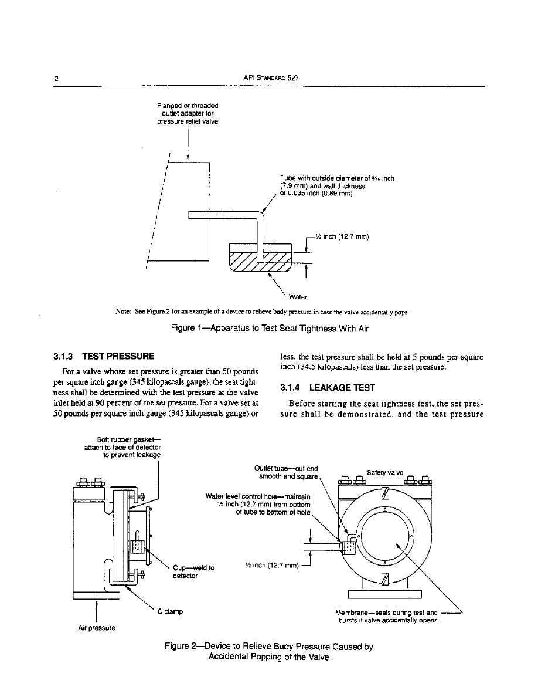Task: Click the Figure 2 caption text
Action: coord(269,652)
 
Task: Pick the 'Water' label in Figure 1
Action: coord(298,296)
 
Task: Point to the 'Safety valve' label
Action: coord(384,472)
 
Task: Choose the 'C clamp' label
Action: coord(170,611)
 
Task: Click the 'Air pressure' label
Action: coord(96,628)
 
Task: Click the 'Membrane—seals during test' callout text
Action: coord(387,617)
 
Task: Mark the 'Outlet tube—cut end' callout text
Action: coord(287,472)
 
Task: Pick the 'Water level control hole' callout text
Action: coord(257,504)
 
